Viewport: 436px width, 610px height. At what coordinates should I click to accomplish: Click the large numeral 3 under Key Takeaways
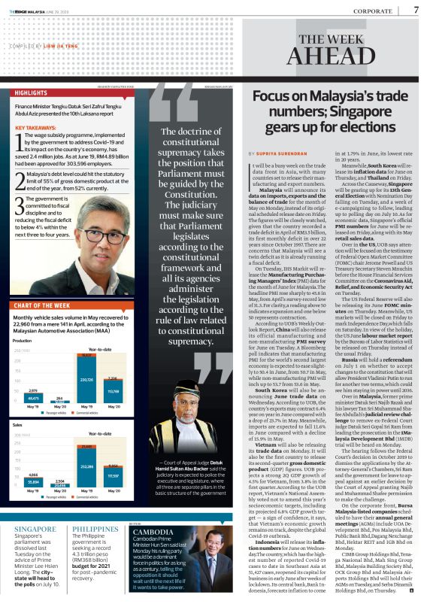click(20, 205)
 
